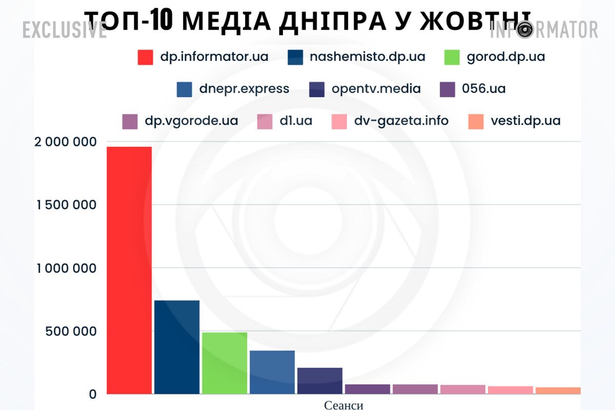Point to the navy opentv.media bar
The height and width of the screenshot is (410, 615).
click(x=320, y=381)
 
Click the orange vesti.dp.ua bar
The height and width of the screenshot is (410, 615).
click(x=558, y=391)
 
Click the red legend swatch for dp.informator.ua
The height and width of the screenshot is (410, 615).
click(x=146, y=57)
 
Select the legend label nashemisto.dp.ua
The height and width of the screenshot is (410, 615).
click(x=367, y=57)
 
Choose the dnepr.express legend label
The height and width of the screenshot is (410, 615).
click(x=244, y=89)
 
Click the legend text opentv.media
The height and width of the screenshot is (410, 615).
click(x=376, y=89)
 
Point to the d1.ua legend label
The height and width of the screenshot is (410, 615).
click(x=296, y=121)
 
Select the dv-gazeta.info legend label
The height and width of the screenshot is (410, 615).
click(x=401, y=121)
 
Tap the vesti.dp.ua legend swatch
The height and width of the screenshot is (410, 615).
click(x=476, y=121)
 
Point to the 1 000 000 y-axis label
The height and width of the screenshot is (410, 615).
click(x=66, y=268)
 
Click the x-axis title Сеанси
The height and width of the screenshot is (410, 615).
click(x=343, y=405)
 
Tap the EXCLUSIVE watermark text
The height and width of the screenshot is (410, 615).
click(x=64, y=31)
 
